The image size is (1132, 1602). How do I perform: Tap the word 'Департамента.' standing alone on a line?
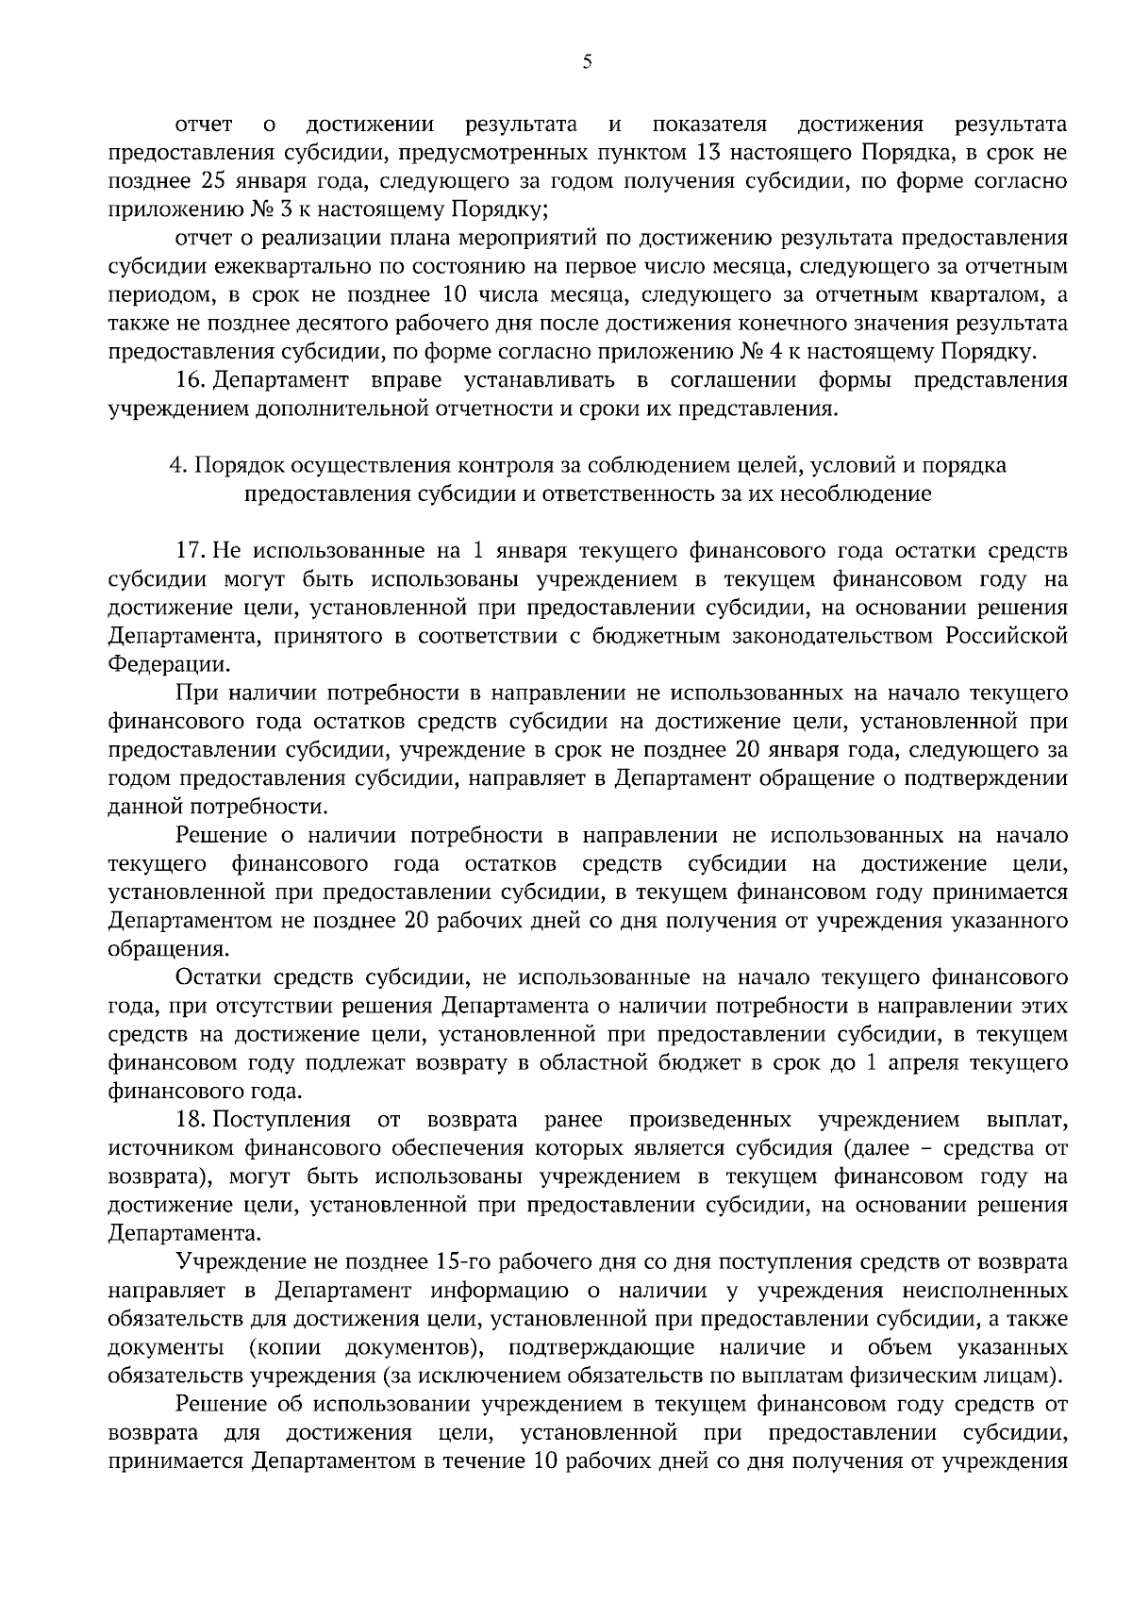point(181,1233)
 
